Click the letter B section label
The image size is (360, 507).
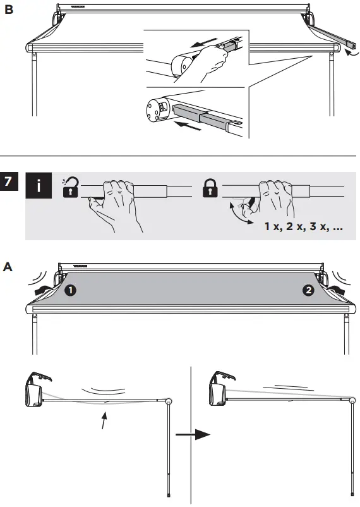9,9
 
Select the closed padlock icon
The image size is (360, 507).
210,188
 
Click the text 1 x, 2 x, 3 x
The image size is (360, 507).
304,226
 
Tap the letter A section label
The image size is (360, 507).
9,267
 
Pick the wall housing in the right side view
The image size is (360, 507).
218,390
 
